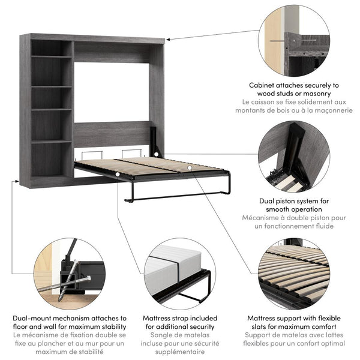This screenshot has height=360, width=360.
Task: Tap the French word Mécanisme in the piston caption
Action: pyautogui.click(x=264, y=218)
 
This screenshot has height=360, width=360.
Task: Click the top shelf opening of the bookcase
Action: pyautogui.click(x=51, y=48)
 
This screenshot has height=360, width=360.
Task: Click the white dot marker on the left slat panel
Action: pyautogui.click(x=119, y=175)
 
